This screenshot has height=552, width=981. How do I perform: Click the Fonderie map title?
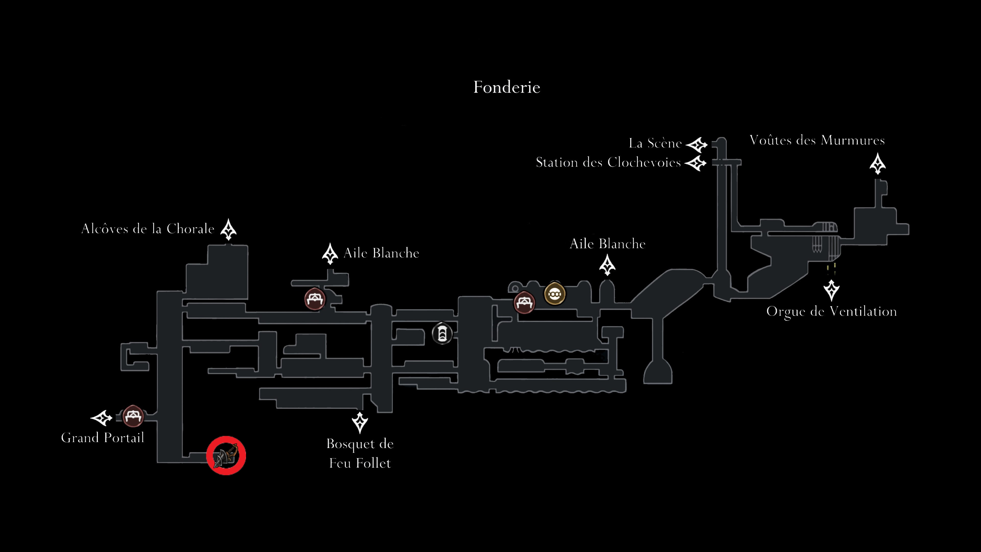coord(507,87)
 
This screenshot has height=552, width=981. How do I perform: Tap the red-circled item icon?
coord(226,456)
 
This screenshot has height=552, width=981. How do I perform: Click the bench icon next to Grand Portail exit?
coord(133,416)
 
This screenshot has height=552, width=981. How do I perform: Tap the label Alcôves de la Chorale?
coord(148,229)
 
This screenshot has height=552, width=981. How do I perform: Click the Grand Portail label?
coord(102,438)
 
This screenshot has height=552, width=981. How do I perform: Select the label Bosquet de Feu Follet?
coord(360,453)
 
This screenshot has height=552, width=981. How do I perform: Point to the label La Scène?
coord(655,143)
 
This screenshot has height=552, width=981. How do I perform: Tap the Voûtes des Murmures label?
coord(817,140)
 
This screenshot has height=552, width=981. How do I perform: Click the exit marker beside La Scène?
coord(696,145)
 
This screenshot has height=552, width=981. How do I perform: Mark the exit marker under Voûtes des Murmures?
coord(878,164)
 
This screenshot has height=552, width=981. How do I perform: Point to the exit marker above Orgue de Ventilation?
coord(831,290)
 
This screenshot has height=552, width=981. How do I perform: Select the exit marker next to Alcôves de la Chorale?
coord(228,229)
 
